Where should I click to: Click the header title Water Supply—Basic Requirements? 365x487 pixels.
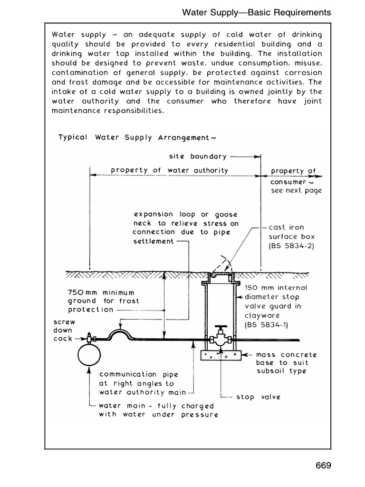pos(257,13)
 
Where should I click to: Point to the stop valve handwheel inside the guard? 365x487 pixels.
pos(220,328)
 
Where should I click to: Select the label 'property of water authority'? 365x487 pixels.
pos(169,170)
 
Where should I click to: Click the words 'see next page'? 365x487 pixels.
pos(296,191)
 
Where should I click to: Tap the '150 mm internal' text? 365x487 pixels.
pos(276,288)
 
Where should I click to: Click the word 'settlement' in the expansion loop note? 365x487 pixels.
pos(154,241)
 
